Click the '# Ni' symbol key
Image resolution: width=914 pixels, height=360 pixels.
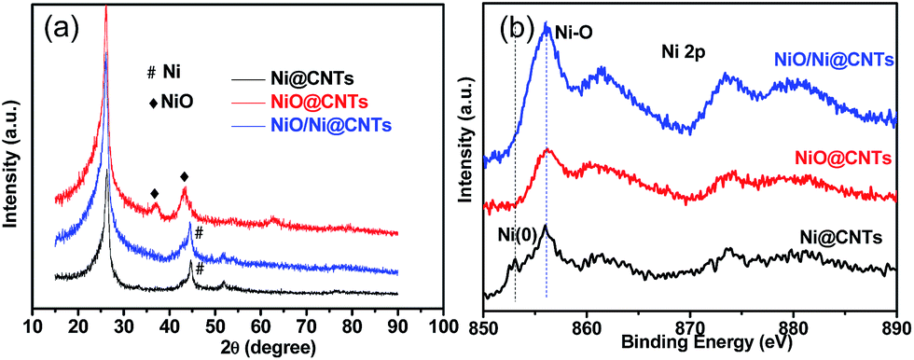165,71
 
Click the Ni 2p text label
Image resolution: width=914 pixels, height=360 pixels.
680,54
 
